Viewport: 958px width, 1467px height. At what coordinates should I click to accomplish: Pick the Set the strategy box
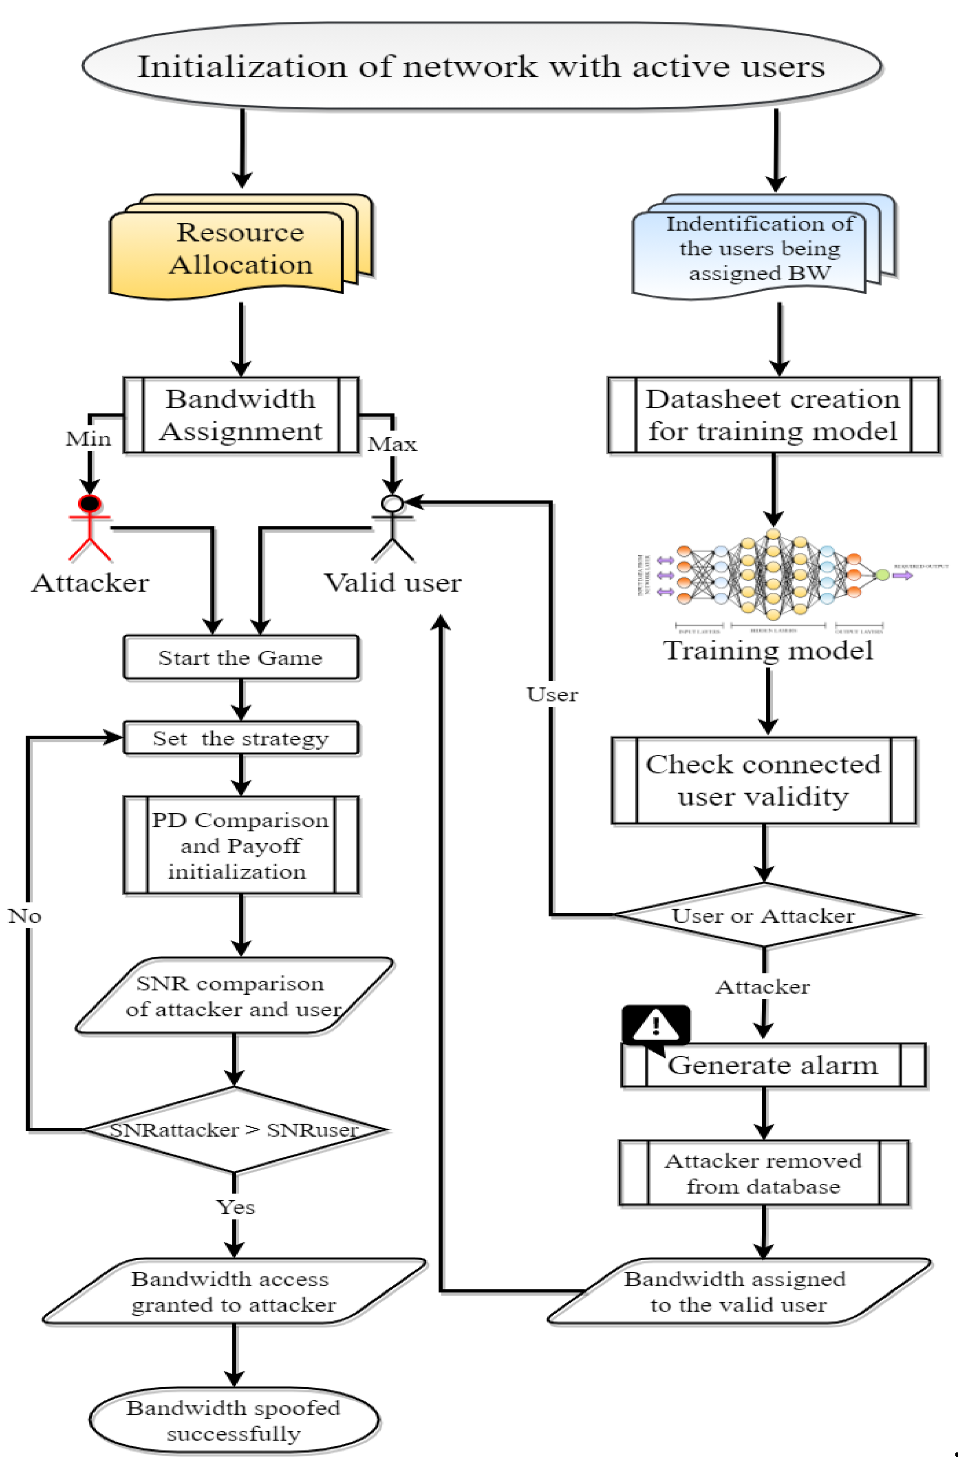coord(240,737)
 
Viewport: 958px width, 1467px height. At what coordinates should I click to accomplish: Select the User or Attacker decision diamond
coord(763,915)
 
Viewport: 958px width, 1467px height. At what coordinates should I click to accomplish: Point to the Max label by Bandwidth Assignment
coord(392,444)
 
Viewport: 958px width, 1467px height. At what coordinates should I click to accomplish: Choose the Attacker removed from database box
coord(763,1172)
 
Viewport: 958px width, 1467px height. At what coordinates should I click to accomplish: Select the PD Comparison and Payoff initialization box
coord(240,845)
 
